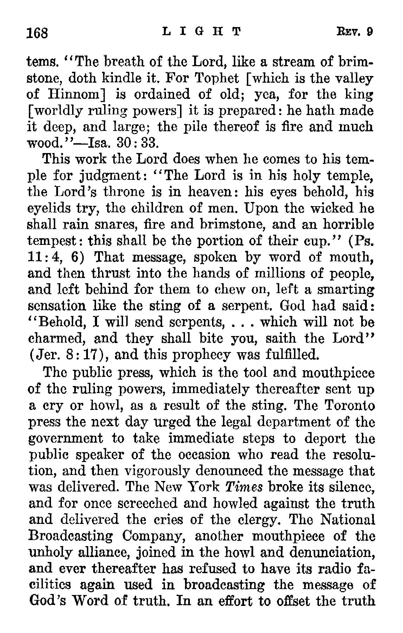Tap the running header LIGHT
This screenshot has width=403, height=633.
click(x=201, y=32)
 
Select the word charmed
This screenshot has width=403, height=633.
click(x=57, y=338)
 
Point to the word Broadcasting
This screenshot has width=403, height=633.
click(x=70, y=536)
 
